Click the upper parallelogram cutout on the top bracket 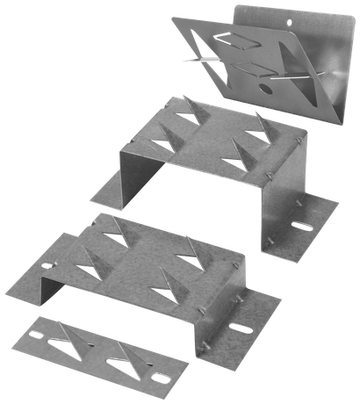click(238, 40)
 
